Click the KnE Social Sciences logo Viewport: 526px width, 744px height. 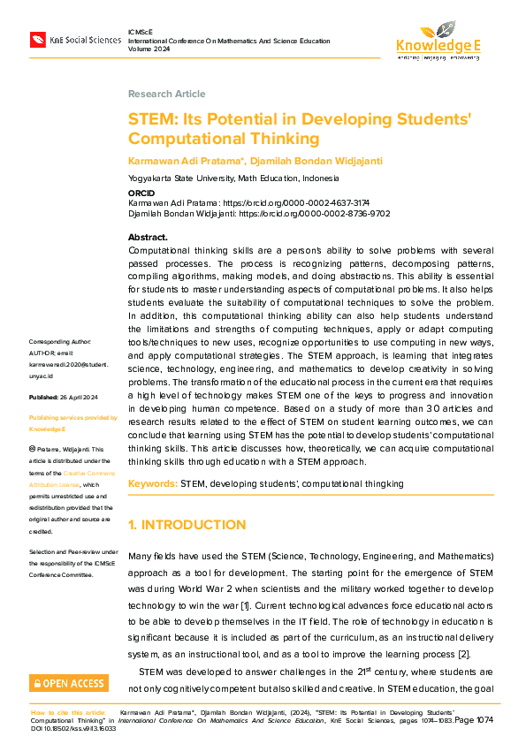[x=75, y=40]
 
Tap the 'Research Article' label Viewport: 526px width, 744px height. [x=166, y=94]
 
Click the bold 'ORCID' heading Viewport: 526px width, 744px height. [x=141, y=192]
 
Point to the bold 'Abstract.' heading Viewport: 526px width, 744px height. [x=148, y=238]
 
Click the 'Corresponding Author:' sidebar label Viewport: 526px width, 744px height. [x=60, y=341]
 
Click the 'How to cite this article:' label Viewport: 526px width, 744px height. [x=69, y=711]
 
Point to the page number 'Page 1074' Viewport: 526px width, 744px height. [x=475, y=719]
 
